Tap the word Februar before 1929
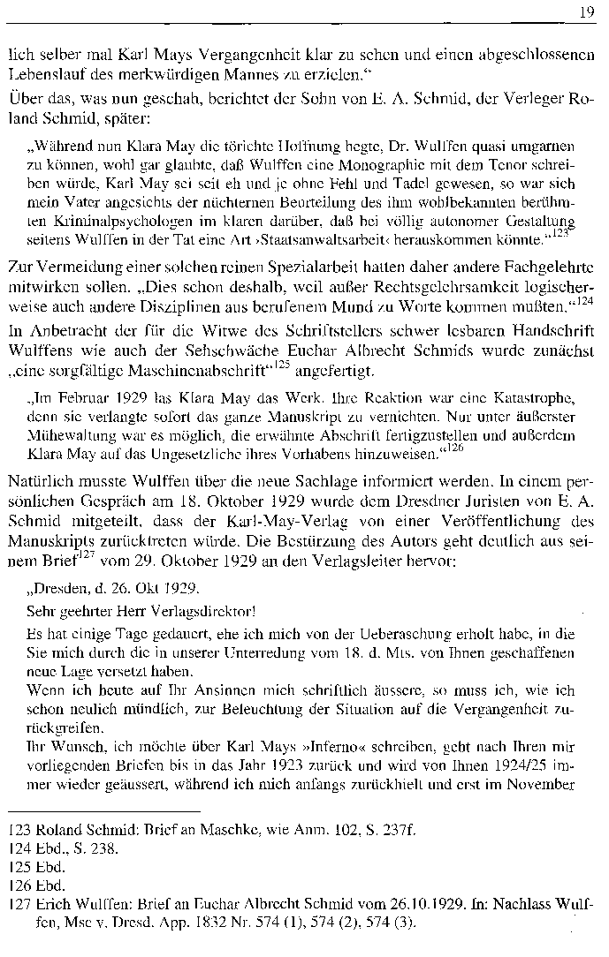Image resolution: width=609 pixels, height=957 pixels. coord(74,388)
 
